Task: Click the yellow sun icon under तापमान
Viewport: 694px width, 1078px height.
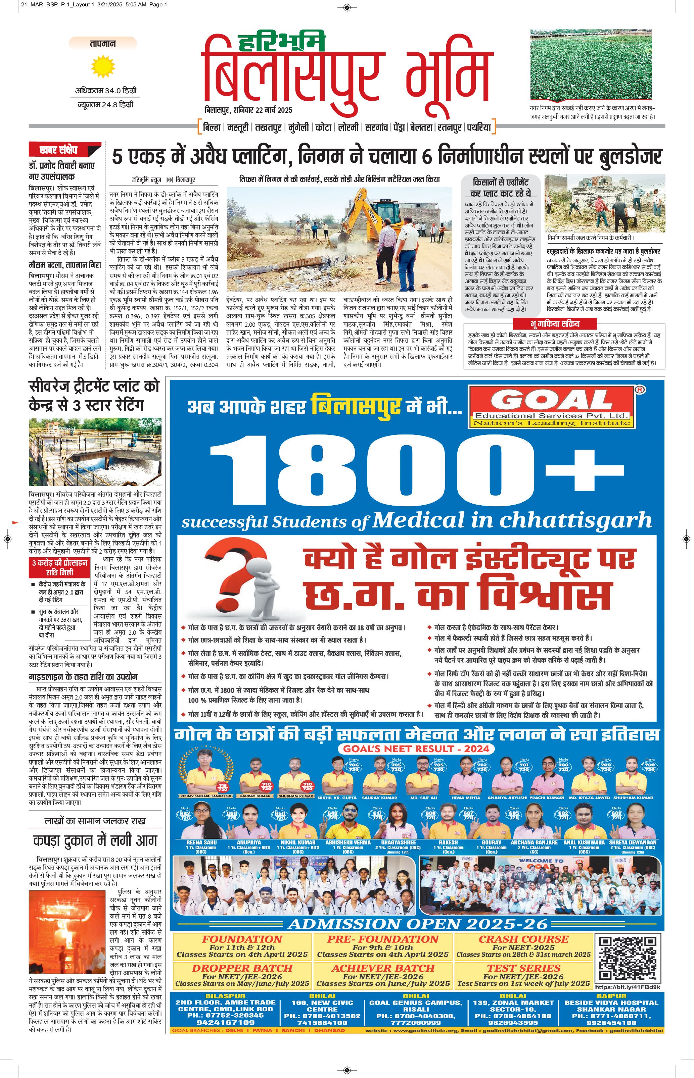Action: (x=103, y=66)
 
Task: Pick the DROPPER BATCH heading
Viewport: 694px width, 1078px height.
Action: (x=242, y=968)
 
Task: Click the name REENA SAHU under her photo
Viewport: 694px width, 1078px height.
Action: (x=201, y=842)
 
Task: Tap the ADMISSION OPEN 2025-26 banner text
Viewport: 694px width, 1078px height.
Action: (x=417, y=924)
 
